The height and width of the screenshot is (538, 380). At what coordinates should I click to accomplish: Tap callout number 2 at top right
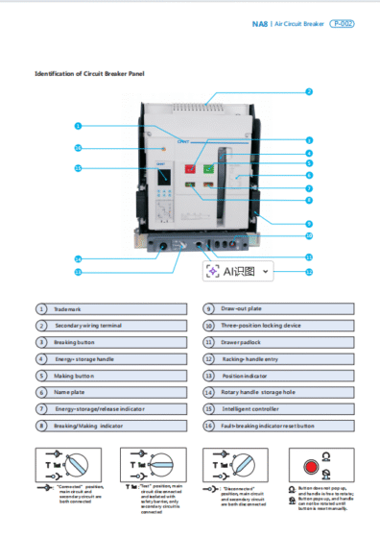point(309,92)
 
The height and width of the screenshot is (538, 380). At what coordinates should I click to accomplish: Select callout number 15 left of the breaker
point(78,168)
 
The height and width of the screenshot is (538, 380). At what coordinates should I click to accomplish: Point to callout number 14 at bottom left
point(78,258)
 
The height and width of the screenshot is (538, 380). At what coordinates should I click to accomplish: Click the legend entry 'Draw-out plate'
point(240,308)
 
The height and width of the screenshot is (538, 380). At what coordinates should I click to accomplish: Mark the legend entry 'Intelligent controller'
point(249,408)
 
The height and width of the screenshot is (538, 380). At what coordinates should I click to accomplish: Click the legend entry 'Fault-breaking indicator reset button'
point(268,425)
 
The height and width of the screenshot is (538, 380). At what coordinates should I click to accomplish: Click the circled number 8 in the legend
point(41,425)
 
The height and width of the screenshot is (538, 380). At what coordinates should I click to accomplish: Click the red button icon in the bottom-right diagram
point(310,468)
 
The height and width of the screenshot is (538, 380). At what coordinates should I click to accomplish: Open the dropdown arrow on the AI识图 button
point(265,272)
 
